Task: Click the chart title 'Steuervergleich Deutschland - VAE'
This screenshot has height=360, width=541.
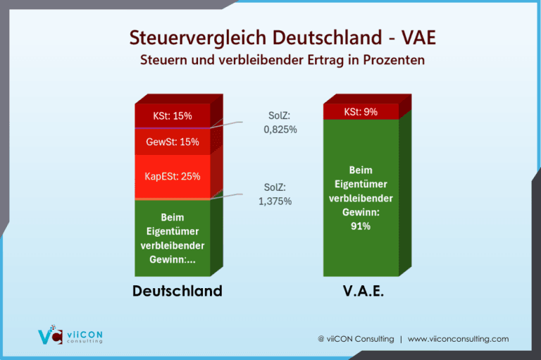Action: point(282,37)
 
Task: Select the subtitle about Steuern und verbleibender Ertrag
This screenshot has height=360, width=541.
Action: point(282,60)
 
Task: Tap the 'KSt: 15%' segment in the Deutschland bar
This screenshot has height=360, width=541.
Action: point(173,116)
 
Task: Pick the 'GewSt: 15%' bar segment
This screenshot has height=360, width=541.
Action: point(173,142)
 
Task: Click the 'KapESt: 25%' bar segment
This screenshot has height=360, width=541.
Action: point(173,176)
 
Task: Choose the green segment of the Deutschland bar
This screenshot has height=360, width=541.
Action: point(173,238)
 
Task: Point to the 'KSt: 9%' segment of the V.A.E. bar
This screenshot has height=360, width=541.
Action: point(361,112)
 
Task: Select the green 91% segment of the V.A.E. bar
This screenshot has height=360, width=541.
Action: point(361,198)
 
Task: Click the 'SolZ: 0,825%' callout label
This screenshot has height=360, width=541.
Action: point(280,123)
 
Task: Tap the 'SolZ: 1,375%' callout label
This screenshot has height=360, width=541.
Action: point(275,194)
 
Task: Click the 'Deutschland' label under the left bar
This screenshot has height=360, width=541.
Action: point(178,291)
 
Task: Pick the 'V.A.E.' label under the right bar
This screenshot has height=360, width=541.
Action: point(363,291)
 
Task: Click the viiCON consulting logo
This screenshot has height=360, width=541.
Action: point(70,335)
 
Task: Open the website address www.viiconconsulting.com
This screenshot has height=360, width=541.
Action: point(458,339)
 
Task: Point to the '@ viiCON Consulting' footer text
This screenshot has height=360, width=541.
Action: point(356,339)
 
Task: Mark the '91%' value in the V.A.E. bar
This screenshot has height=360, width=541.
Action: point(361,226)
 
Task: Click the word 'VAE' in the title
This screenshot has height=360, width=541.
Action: point(418,37)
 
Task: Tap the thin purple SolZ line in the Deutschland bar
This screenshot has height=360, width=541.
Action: point(173,128)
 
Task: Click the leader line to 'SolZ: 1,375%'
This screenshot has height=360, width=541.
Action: point(226,196)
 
